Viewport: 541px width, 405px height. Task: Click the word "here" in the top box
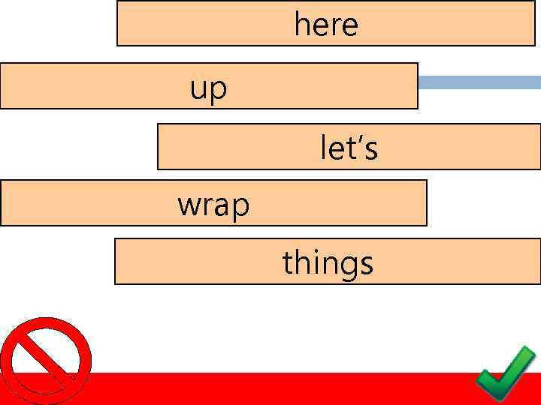pyautogui.click(x=326, y=25)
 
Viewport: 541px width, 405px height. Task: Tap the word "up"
pyautogui.click(x=208, y=89)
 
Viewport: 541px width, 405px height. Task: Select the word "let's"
pyautogui.click(x=349, y=147)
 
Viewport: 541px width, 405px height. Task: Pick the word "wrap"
pyautogui.click(x=213, y=204)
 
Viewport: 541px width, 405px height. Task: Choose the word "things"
pyautogui.click(x=328, y=263)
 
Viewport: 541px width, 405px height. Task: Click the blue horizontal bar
pyautogui.click(x=479, y=82)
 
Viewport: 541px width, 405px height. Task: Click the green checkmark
pyautogui.click(x=506, y=373)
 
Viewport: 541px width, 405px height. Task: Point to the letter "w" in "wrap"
pyautogui.click(x=188, y=205)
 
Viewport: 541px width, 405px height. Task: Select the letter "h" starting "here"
pyautogui.click(x=302, y=25)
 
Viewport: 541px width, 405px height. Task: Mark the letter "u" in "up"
pyautogui.click(x=198, y=90)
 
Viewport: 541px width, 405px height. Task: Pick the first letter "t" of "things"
pyautogui.click(x=287, y=263)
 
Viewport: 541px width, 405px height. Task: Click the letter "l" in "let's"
pyautogui.click(x=324, y=147)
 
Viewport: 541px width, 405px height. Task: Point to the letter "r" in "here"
pyautogui.click(x=334, y=27)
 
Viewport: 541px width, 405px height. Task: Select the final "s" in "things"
pyautogui.click(x=366, y=265)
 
